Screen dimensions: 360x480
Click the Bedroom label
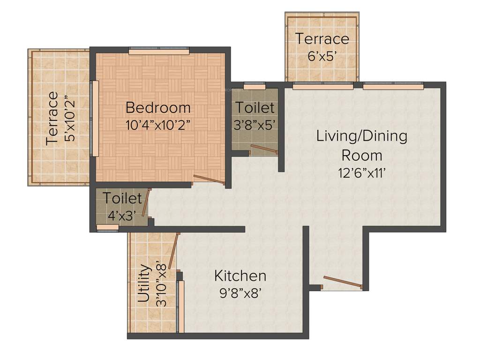click(158, 107)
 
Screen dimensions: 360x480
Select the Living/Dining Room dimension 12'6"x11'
click(361, 173)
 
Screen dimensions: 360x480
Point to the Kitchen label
click(240, 275)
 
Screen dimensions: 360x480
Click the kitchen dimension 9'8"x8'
click(240, 293)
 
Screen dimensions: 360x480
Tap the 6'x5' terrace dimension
click(322, 56)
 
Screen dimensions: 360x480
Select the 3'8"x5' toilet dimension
click(255, 125)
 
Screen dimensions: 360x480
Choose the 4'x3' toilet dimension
click(122, 216)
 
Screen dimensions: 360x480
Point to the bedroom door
click(209, 180)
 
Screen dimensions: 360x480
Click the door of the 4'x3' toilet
click(146, 202)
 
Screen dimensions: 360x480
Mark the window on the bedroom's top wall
click(159, 51)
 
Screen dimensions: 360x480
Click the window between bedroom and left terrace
click(94, 118)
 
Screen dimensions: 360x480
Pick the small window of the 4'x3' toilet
click(107, 228)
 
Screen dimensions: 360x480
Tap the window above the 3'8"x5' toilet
click(255, 86)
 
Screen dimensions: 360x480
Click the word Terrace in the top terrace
click(322, 38)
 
